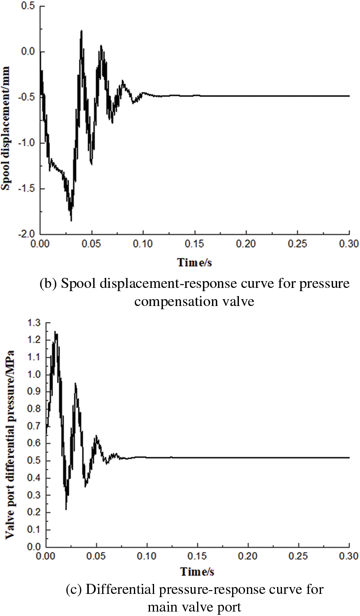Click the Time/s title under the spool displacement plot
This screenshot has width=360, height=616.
pos(195,263)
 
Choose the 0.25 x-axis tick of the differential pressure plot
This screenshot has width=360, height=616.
pos(298,556)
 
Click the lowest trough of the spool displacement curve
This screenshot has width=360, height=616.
pos(71,220)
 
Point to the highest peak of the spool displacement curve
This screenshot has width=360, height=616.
pos(82,31)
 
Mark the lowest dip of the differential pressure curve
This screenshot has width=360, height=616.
pos(66,509)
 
